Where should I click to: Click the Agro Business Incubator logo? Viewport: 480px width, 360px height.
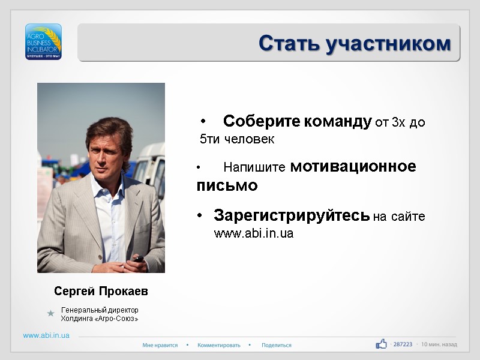point(43,41)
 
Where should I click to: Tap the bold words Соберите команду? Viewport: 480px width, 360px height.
point(297,122)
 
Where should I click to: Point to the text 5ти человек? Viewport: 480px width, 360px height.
point(237,140)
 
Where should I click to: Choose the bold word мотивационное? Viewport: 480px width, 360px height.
point(353,167)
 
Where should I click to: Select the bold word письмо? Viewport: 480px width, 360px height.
point(227,186)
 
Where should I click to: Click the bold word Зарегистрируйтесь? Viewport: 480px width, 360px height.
point(292,215)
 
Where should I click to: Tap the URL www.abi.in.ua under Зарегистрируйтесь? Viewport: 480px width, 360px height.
point(254,233)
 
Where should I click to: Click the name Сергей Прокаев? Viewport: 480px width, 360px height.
point(101,291)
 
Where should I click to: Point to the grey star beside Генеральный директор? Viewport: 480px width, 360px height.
point(51,313)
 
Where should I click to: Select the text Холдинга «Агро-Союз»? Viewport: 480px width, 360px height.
point(100,319)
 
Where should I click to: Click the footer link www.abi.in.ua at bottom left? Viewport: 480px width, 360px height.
point(46,335)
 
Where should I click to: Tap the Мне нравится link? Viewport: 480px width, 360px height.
point(160,345)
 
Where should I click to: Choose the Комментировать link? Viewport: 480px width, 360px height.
point(218,345)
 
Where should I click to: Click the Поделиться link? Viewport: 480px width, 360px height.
point(276,345)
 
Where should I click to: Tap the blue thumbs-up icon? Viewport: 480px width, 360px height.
point(381,344)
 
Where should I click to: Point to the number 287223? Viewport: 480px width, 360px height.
point(403,344)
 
